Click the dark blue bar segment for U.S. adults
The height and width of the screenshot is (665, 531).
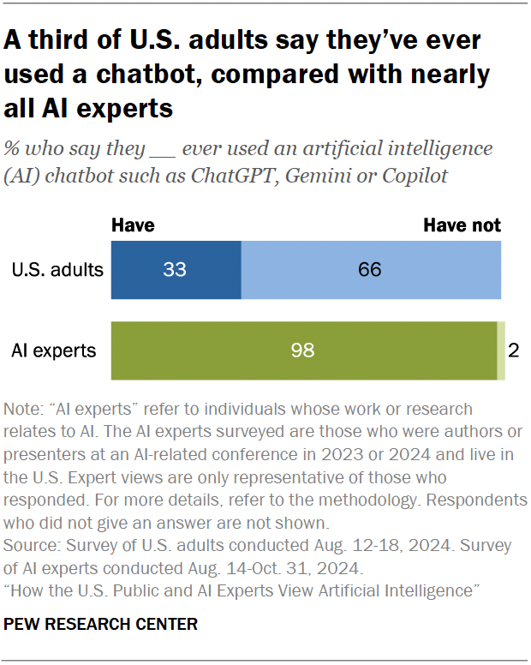point(176,270)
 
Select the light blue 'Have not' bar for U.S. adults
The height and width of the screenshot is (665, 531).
point(371,270)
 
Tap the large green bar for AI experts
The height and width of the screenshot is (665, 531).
point(304,350)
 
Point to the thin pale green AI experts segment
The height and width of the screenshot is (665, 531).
point(501,350)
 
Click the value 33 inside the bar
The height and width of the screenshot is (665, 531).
point(176,270)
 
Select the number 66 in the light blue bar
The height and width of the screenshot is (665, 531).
point(371,270)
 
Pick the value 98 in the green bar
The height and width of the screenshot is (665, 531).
point(303,350)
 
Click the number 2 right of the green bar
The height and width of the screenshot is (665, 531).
point(514,350)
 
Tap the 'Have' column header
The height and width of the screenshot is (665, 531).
point(134,225)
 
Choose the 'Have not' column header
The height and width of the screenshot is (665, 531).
point(462,225)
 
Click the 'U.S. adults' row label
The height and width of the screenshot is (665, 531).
point(57,270)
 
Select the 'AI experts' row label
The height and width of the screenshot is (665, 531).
point(53,350)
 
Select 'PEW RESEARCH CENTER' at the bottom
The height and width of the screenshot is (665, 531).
point(101,624)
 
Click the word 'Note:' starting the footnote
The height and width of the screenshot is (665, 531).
point(23,410)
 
